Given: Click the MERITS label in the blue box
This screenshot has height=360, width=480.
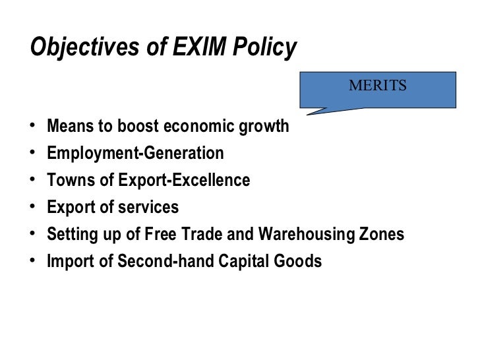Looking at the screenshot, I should tap(378, 86).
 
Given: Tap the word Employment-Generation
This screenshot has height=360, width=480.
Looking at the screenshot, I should tap(135, 154).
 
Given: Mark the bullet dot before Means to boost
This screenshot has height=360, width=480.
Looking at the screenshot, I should tap(33, 127).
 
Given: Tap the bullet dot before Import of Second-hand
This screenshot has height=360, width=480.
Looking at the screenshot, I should tap(33, 262).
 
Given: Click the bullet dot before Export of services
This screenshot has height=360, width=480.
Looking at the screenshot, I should tap(33, 208).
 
